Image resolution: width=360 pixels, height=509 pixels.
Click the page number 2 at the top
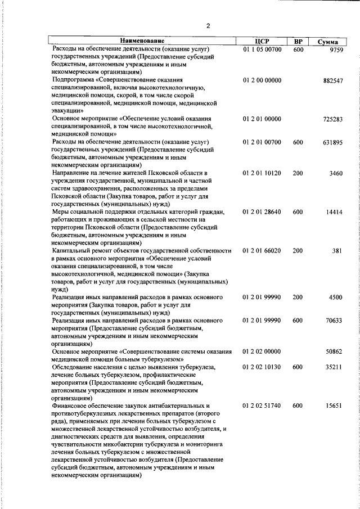click(208, 26)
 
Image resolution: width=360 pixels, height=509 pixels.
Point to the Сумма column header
click(327, 42)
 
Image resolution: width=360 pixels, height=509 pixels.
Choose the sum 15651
click(334, 405)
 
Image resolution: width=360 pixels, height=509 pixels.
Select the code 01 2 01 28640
click(262, 211)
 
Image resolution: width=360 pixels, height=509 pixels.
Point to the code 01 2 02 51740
click(262, 405)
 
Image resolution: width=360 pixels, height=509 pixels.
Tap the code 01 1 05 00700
click(262, 49)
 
